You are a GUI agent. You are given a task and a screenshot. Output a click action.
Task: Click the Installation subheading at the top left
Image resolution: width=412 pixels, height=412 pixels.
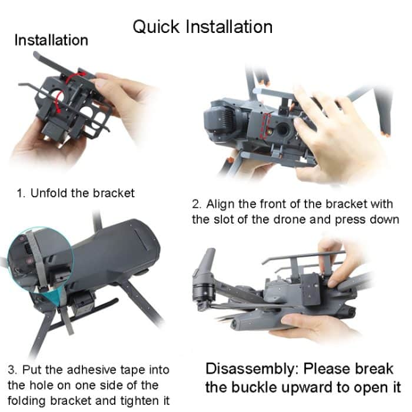[x=51, y=41]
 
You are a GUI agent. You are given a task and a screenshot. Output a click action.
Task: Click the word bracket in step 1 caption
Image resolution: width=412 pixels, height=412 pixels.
[x=114, y=193]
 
